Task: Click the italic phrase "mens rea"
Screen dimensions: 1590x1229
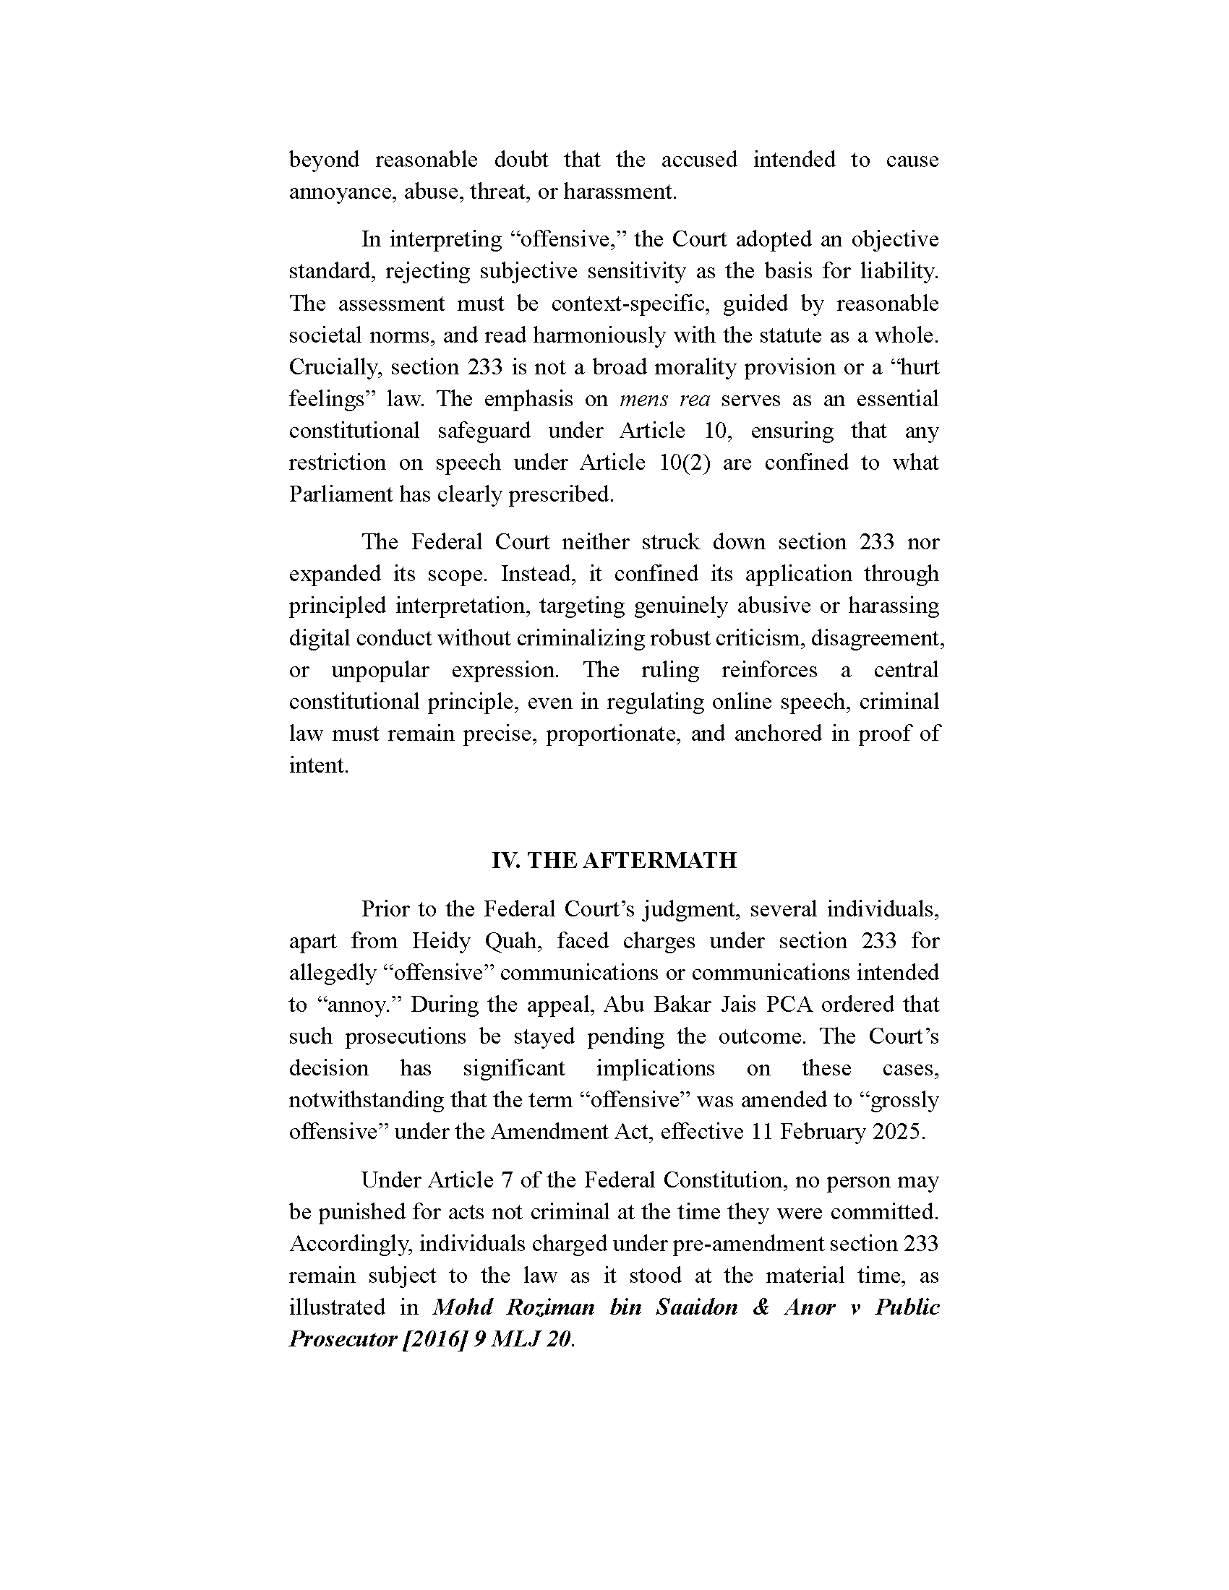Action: (x=663, y=399)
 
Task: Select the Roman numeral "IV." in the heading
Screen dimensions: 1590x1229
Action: (x=505, y=861)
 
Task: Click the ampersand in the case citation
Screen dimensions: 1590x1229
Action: (x=761, y=1307)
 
